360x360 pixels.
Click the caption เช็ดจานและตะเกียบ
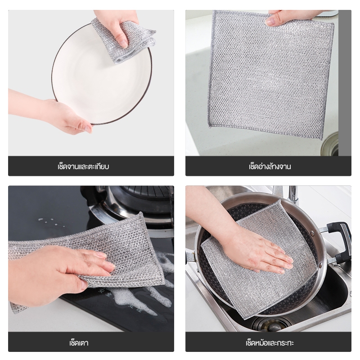pos(83,166)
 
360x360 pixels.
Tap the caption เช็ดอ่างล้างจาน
pos(270,166)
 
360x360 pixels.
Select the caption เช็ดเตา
pos(79,343)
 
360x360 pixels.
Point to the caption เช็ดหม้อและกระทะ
pos(270,343)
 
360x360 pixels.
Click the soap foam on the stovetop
pos(138,296)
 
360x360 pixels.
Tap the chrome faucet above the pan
pos(292,195)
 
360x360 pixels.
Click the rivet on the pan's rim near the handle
pos(312,234)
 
